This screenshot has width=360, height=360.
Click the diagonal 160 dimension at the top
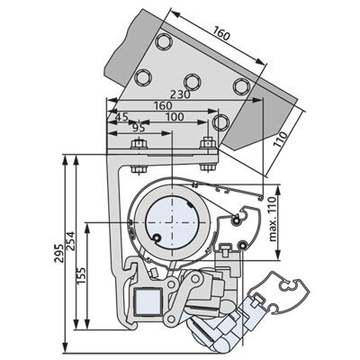222,33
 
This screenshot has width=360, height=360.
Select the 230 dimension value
180,94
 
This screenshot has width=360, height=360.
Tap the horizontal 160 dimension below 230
163,105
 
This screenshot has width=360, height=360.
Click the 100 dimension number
175,117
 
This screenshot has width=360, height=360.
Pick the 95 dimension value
139,128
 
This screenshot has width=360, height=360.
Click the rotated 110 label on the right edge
281,139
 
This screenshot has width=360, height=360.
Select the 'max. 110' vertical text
273,219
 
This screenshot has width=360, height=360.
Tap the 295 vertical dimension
58,254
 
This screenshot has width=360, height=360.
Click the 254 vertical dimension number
71,240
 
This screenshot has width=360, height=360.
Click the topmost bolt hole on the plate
164,40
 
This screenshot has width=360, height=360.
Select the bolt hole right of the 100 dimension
220,122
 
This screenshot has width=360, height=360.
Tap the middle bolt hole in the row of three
193,81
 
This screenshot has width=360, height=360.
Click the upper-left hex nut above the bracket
139,144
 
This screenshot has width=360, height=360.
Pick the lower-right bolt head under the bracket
208,167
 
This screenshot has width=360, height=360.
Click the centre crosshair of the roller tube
173,222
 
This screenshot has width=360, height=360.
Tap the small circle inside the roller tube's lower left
157,238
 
